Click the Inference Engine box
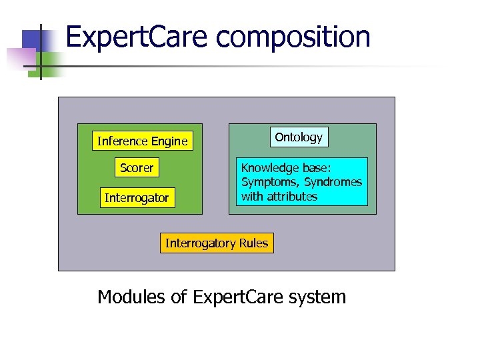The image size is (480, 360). coord(142,141)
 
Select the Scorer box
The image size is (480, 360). coord(137,168)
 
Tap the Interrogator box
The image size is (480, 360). coord(137,198)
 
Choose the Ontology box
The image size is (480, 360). coord(299,137)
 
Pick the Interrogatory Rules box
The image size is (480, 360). coord(217,243)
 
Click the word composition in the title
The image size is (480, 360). coord(293,37)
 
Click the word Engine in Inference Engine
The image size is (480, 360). coord(169,141)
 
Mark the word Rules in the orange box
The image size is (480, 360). coord(253,243)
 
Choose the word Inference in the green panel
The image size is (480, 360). coord(123,141)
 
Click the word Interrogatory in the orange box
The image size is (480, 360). coord(202,243)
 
